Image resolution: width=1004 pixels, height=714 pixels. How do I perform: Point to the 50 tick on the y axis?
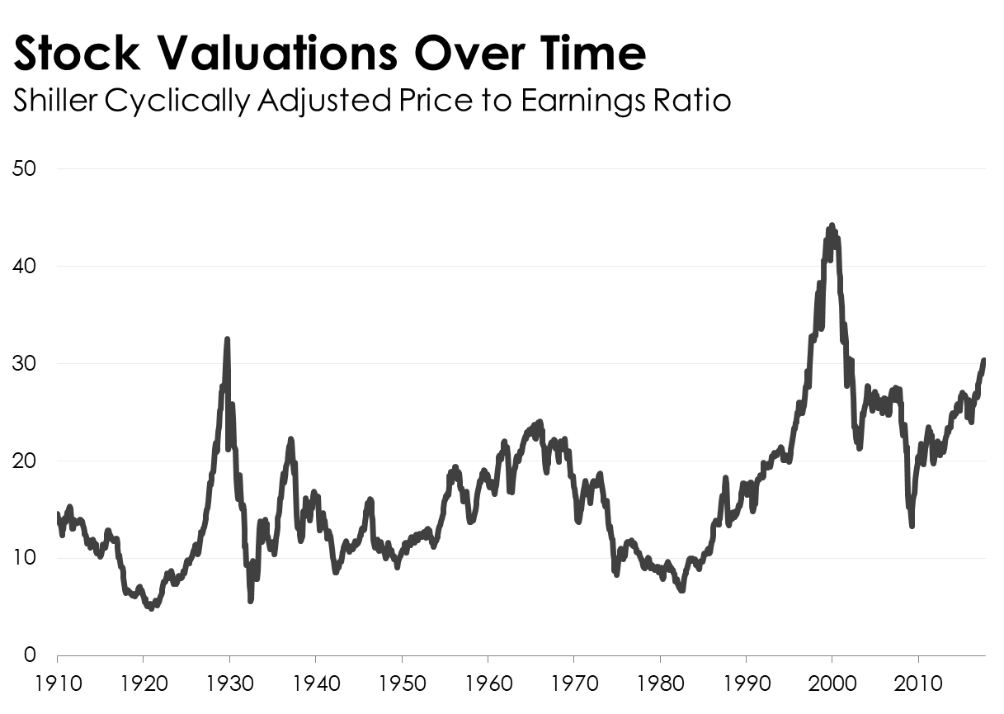25,169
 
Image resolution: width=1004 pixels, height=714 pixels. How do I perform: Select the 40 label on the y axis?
25,267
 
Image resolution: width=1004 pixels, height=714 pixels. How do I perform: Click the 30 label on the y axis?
25,364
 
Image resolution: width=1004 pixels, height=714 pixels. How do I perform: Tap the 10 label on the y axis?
25,559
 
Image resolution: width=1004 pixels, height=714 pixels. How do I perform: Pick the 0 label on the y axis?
30,656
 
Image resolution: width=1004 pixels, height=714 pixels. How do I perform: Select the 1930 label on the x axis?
229,684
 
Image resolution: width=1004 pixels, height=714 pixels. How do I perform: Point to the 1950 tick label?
402,684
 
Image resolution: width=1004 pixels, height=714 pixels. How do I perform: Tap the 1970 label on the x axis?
573,684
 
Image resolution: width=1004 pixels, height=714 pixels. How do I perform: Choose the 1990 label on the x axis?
746,684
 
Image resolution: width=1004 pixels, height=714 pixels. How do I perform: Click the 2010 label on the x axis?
917,684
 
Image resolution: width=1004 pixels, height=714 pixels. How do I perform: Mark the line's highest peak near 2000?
832,225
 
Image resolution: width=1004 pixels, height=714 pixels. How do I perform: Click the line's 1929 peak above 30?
227,339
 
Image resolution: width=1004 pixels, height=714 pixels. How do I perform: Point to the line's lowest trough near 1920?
150,608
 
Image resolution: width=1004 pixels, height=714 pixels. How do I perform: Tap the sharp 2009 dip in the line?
912,526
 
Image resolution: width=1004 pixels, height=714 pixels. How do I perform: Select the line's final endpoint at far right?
984,360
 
